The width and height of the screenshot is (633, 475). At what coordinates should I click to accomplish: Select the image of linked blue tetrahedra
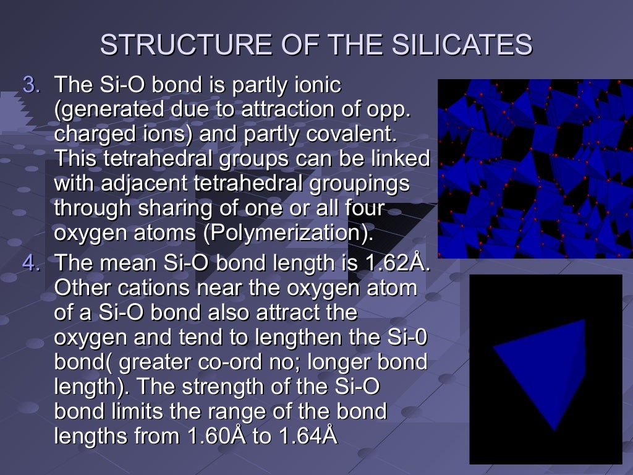pyautogui.click(x=535, y=168)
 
